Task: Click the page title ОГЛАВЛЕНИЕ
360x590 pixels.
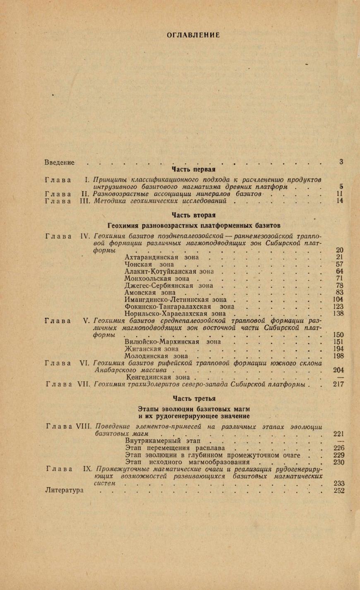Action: pyautogui.click(x=193, y=35)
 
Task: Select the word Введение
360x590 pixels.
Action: pyautogui.click(x=59, y=162)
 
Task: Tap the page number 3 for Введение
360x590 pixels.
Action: pyautogui.click(x=341, y=162)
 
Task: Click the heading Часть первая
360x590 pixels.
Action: pyautogui.click(x=193, y=169)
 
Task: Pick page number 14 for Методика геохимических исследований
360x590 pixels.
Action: pyautogui.click(x=340, y=201)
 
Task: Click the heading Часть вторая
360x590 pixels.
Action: pyautogui.click(x=193, y=215)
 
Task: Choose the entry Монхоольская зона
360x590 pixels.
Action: pyautogui.click(x=157, y=279)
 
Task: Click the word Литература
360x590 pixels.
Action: pyautogui.click(x=64, y=490)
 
